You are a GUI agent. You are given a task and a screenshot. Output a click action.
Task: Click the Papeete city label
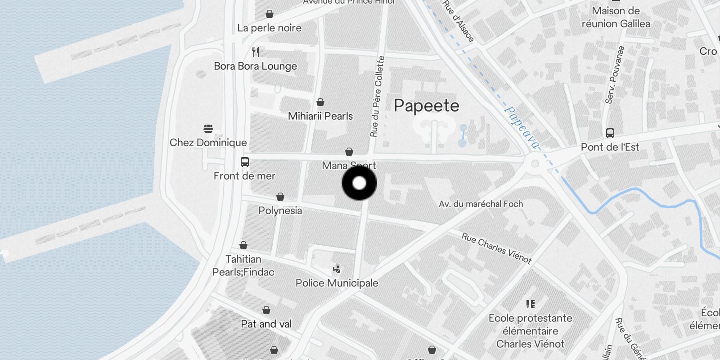click(x=426, y=106)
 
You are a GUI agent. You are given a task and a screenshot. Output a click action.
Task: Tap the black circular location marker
click(x=359, y=183)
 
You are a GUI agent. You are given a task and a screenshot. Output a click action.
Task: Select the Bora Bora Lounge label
click(x=255, y=66)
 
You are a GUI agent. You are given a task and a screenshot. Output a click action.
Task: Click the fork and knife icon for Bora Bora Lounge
click(x=256, y=52)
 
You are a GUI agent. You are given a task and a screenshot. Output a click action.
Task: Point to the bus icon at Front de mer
click(x=245, y=162)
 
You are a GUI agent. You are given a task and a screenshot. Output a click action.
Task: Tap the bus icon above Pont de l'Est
click(x=610, y=133)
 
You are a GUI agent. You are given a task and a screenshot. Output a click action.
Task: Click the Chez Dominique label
click(x=208, y=143)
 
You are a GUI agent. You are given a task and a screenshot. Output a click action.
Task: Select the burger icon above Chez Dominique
click(x=208, y=129)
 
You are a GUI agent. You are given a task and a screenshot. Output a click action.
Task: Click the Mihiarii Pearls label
click(x=320, y=116)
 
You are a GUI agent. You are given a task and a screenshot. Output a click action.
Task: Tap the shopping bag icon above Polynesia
click(x=280, y=197)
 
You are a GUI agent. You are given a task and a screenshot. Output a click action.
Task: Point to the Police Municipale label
click(x=337, y=283)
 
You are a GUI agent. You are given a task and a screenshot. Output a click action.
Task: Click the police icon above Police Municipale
click(x=337, y=269)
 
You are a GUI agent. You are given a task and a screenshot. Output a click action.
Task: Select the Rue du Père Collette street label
click(x=377, y=96)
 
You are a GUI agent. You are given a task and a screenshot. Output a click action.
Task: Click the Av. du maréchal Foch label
click(x=481, y=204)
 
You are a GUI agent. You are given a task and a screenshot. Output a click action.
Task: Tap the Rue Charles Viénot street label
click(x=496, y=248)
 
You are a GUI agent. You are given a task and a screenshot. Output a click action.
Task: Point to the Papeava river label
click(x=522, y=127)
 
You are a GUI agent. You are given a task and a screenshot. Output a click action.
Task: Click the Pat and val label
click(x=266, y=324)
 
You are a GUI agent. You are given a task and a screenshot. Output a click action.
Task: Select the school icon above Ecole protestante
click(x=531, y=304)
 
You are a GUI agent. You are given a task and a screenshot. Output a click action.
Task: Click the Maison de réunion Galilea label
click(x=616, y=17)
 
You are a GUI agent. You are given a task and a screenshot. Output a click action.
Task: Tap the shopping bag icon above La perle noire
click(x=269, y=14)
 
